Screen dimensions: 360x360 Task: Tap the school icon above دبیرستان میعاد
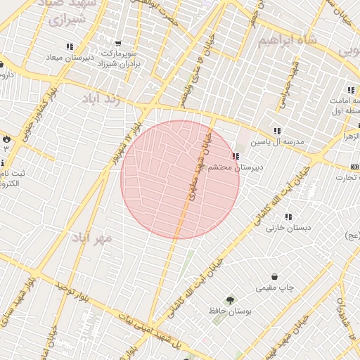coord(70,46)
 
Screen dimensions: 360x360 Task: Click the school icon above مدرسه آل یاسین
coord(277,131)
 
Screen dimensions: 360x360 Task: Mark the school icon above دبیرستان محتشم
coord(234,157)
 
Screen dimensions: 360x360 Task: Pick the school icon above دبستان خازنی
coord(288,217)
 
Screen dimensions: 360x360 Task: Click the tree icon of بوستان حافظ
coord(231,300)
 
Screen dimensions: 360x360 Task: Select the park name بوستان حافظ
coord(226,310)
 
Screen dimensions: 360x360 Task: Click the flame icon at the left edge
coord(6,138)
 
